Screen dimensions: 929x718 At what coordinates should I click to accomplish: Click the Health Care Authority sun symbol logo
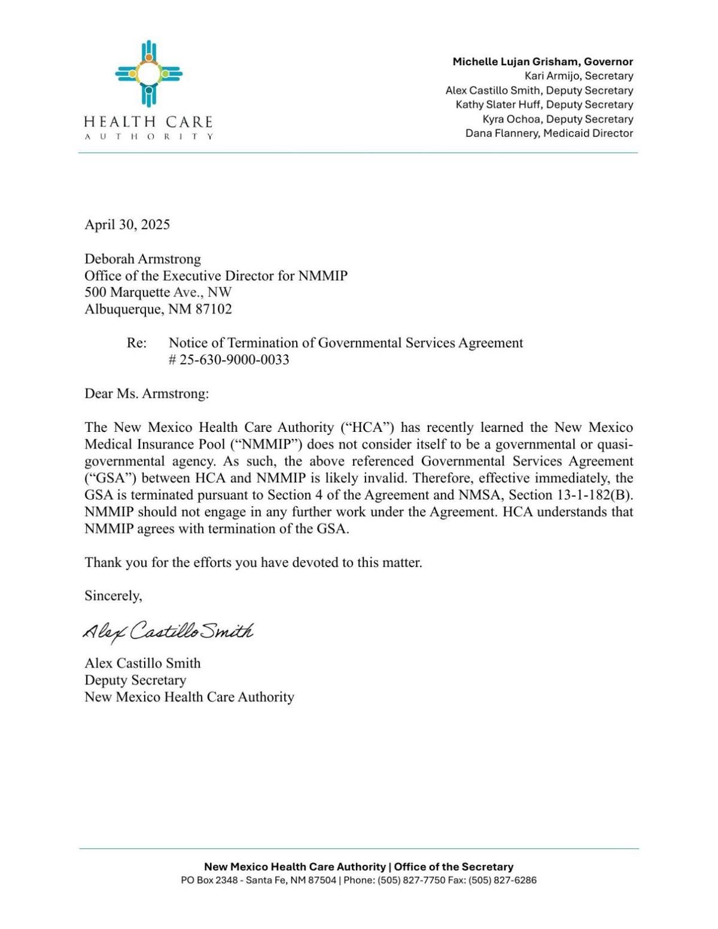coord(148,74)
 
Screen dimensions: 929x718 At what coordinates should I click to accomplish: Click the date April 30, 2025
coord(127,224)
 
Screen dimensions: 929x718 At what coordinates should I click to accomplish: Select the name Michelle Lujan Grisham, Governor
coord(542,62)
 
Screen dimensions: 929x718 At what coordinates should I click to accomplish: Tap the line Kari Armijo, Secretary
coord(578,76)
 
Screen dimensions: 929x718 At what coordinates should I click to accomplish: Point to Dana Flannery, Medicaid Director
coord(549,133)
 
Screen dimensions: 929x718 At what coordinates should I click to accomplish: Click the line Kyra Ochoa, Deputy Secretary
coord(557,118)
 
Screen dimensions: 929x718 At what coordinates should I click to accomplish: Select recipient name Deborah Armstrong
coord(142,259)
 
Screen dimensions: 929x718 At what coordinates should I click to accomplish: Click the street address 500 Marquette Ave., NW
coord(158,293)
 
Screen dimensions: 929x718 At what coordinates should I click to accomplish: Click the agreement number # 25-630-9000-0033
coord(229,360)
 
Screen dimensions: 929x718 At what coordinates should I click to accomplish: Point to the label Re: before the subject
coord(136,343)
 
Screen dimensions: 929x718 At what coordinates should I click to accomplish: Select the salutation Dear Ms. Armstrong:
coord(147,394)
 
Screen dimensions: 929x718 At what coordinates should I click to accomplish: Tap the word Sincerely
coord(113,596)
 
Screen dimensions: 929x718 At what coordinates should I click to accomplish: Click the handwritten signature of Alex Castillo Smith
coord(168,631)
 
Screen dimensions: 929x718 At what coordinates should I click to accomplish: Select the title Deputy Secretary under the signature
coord(135,680)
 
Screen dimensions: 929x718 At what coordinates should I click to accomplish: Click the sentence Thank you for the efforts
coord(253,562)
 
